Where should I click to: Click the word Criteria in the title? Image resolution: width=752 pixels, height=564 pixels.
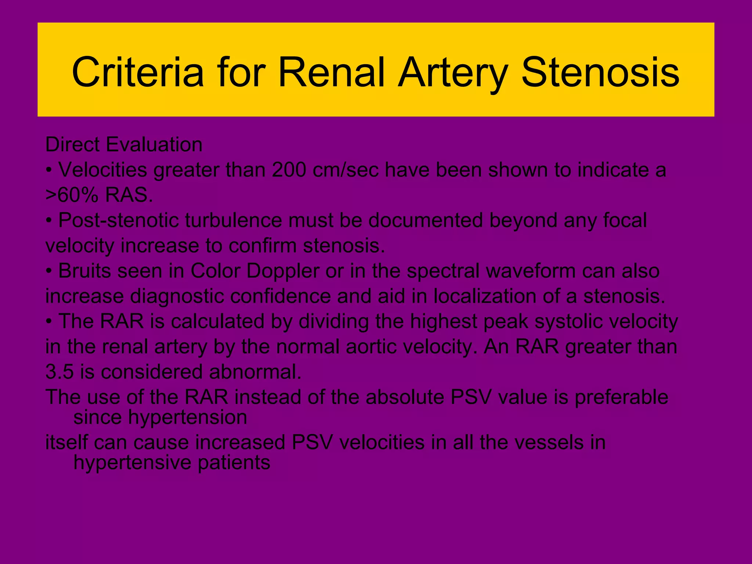(138, 72)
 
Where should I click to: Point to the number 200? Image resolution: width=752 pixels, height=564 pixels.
(289, 170)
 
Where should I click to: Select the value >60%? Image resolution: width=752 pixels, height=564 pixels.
(72, 196)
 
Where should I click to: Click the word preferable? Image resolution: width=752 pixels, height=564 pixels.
(621, 397)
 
